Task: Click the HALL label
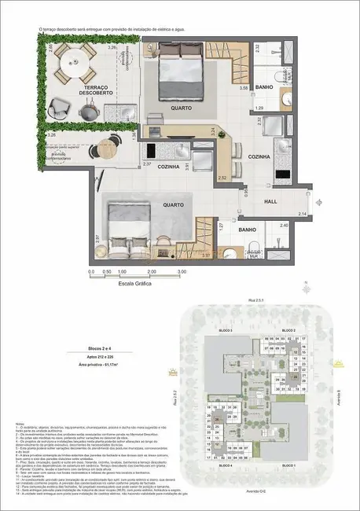(269, 200)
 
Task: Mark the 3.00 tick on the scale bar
(182, 272)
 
